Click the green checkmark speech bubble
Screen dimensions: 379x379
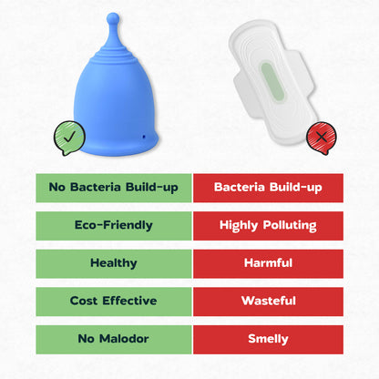[x=64, y=138]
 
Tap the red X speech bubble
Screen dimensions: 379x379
[x=318, y=138]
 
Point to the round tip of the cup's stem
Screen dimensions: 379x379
[x=111, y=17]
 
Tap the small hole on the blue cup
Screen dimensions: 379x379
[x=143, y=136]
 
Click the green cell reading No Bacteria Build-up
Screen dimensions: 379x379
[x=114, y=188]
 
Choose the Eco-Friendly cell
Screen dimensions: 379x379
[x=114, y=225]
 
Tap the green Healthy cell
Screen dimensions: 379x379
[x=114, y=263]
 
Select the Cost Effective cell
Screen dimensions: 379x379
[x=114, y=301]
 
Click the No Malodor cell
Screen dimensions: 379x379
[x=114, y=339]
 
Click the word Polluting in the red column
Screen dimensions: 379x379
[x=287, y=225]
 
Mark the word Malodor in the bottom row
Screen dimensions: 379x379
[x=125, y=339]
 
